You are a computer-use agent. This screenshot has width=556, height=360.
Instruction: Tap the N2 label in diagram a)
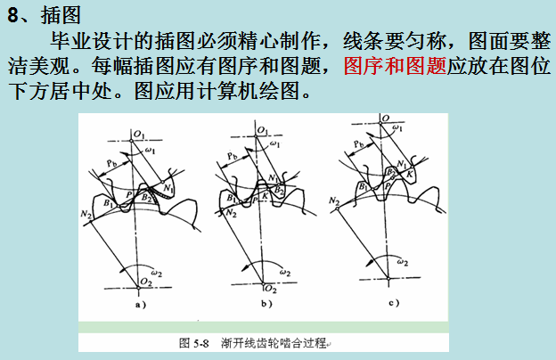click(86, 216)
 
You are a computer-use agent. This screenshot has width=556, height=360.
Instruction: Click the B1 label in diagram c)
click(364, 186)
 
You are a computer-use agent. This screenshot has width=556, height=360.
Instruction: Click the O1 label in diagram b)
click(261, 130)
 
